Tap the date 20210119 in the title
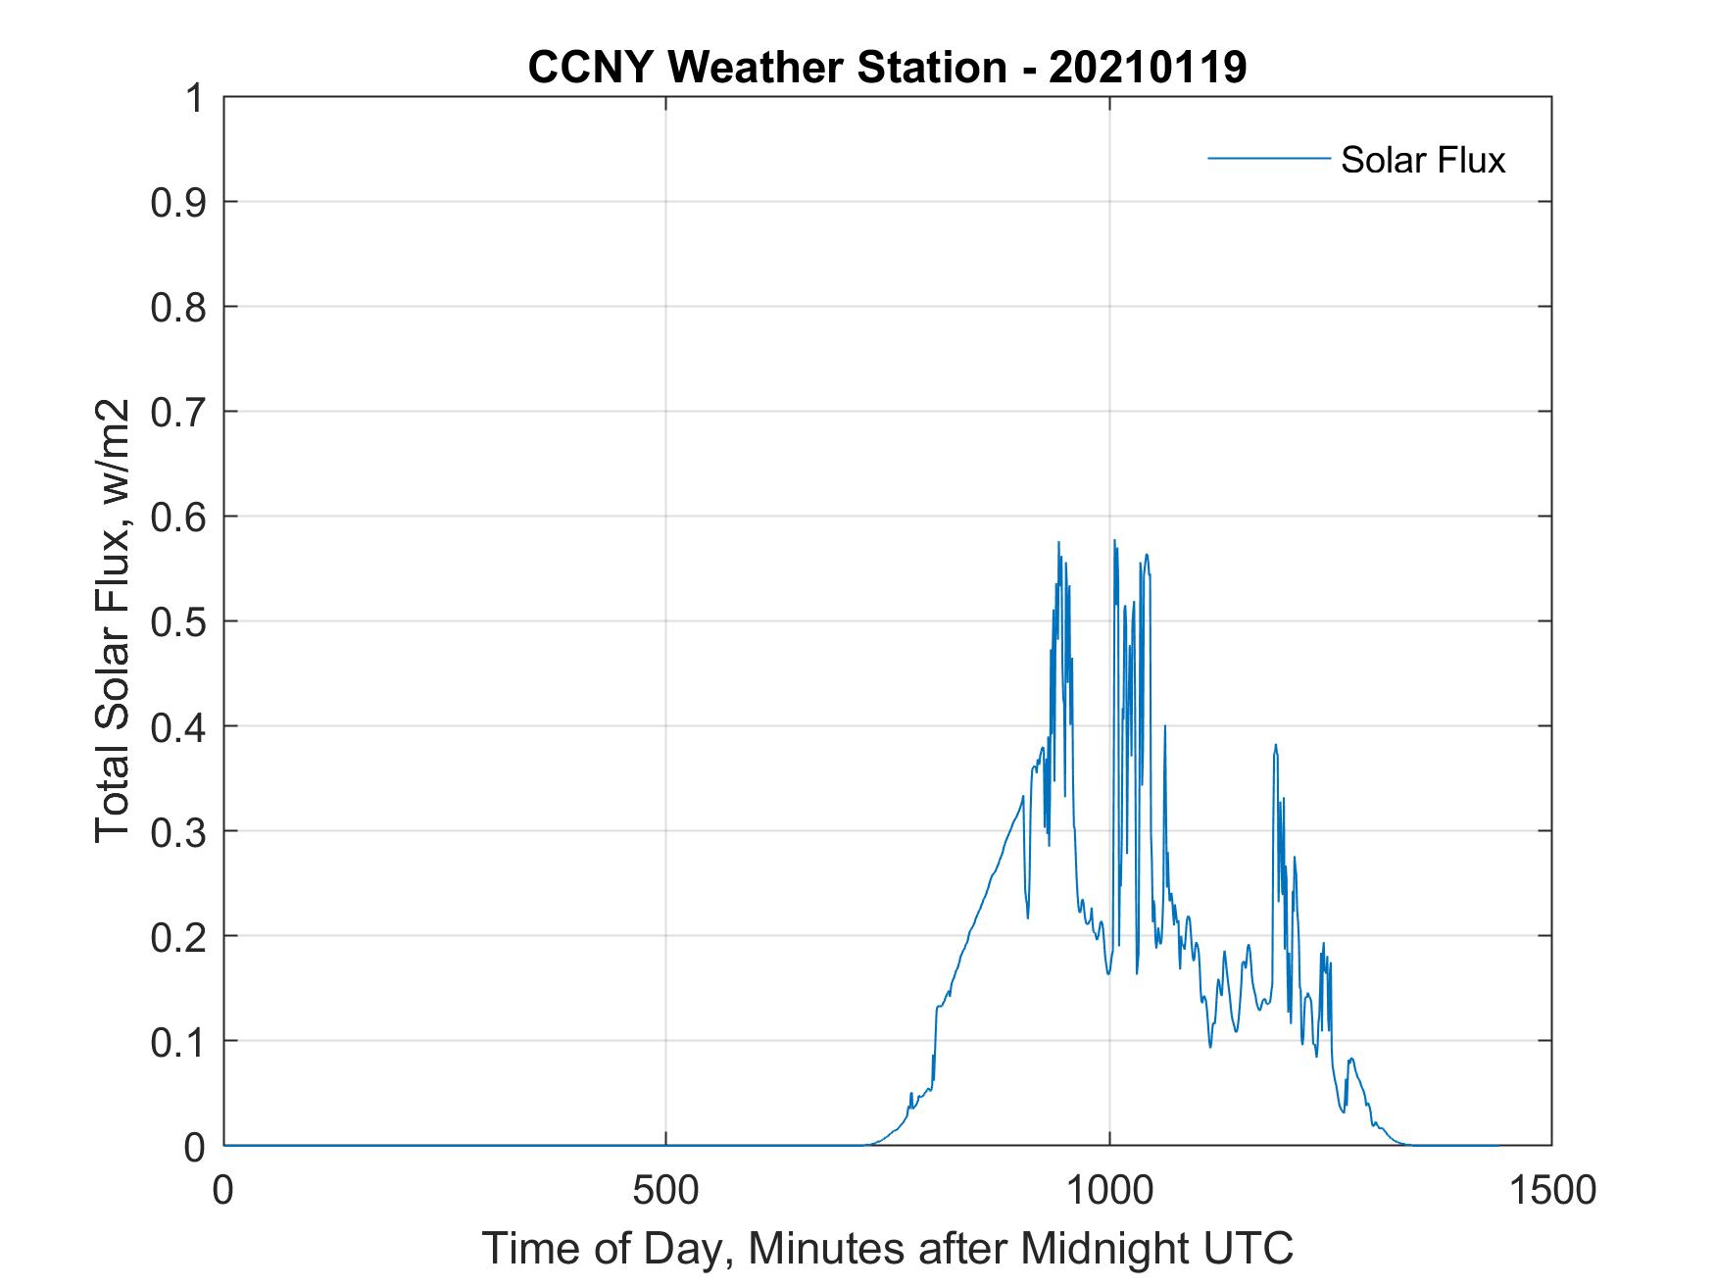click(x=1148, y=68)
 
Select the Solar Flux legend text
click(x=1422, y=160)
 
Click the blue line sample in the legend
click(x=1268, y=158)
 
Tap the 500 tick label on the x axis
click(x=665, y=1191)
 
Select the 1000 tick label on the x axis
click(x=1109, y=1191)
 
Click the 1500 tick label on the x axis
click(x=1551, y=1191)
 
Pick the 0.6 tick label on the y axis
click(x=180, y=517)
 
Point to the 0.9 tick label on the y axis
click(x=180, y=202)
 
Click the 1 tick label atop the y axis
click(x=193, y=98)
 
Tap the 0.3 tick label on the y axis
click(x=180, y=831)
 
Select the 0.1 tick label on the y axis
click(x=180, y=1041)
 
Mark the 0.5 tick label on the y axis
click(x=180, y=621)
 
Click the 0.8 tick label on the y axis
click(x=180, y=307)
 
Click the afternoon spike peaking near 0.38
click(x=1275, y=747)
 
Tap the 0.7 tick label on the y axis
click(x=180, y=412)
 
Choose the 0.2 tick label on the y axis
click(x=180, y=936)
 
